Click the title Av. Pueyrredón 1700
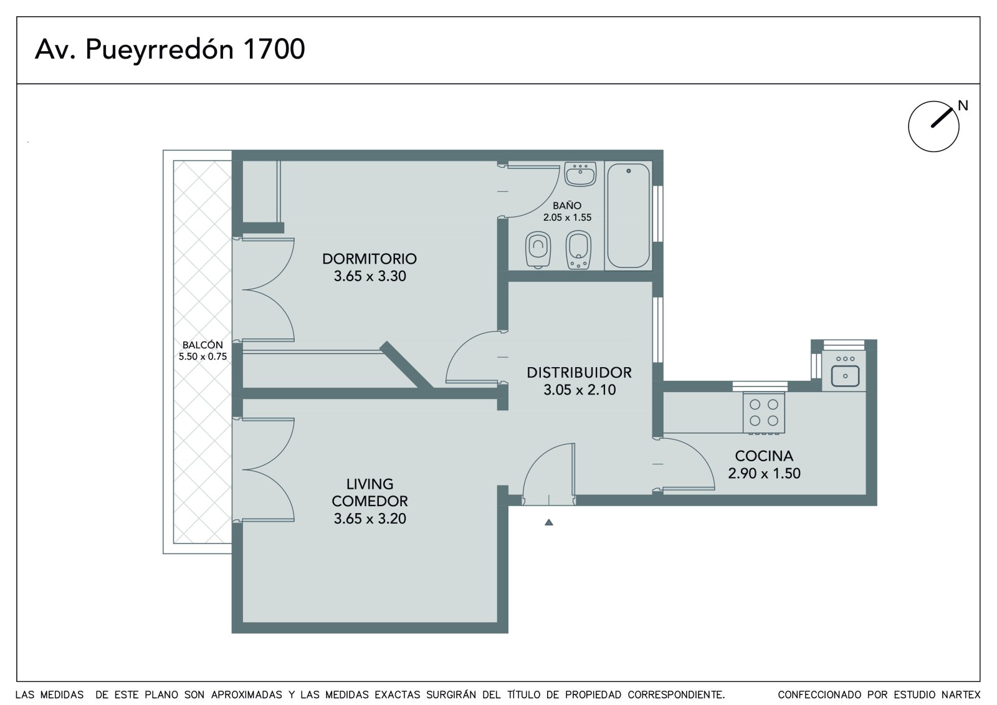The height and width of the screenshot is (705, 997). (x=170, y=50)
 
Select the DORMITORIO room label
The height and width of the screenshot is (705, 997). (x=370, y=259)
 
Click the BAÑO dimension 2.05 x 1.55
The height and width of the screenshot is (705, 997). (x=567, y=218)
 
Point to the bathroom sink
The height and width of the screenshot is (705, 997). (x=580, y=174)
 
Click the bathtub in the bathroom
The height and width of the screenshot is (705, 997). (x=629, y=216)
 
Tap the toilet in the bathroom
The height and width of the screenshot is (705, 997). (x=538, y=249)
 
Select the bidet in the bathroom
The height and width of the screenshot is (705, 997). (x=578, y=250)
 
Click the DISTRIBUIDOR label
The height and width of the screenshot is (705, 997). (x=579, y=373)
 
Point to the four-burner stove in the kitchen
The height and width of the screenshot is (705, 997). (x=764, y=413)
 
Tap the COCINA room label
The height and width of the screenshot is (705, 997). (x=764, y=456)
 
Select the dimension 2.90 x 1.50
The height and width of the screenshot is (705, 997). (x=764, y=473)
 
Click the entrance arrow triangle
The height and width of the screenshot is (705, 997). (x=549, y=522)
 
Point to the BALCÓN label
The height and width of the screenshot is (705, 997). (x=203, y=345)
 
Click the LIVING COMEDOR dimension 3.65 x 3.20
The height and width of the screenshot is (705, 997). (x=370, y=519)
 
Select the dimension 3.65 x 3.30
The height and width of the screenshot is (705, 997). (x=370, y=276)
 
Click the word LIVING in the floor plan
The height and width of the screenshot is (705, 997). (x=370, y=484)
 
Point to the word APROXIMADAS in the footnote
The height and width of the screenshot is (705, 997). (x=247, y=695)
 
